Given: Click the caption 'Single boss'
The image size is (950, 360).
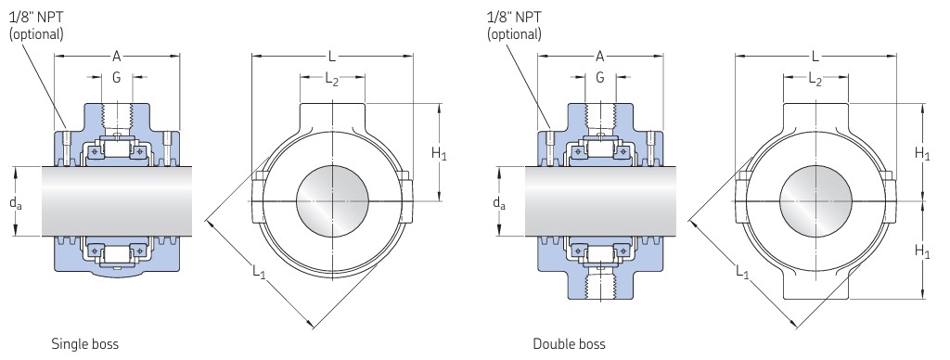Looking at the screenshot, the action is (x=84, y=344).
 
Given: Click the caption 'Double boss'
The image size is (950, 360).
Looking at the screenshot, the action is (x=569, y=344).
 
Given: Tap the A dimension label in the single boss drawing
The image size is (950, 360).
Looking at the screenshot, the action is (x=116, y=57).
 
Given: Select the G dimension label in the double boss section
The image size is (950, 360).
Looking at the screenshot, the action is (x=600, y=77).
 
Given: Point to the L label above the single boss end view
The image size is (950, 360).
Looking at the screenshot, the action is (x=332, y=57).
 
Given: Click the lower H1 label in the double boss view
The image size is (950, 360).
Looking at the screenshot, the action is (x=922, y=251).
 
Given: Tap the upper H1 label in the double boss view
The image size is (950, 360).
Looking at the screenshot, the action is (x=922, y=154).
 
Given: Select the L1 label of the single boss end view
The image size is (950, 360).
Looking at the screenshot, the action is (x=260, y=272).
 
